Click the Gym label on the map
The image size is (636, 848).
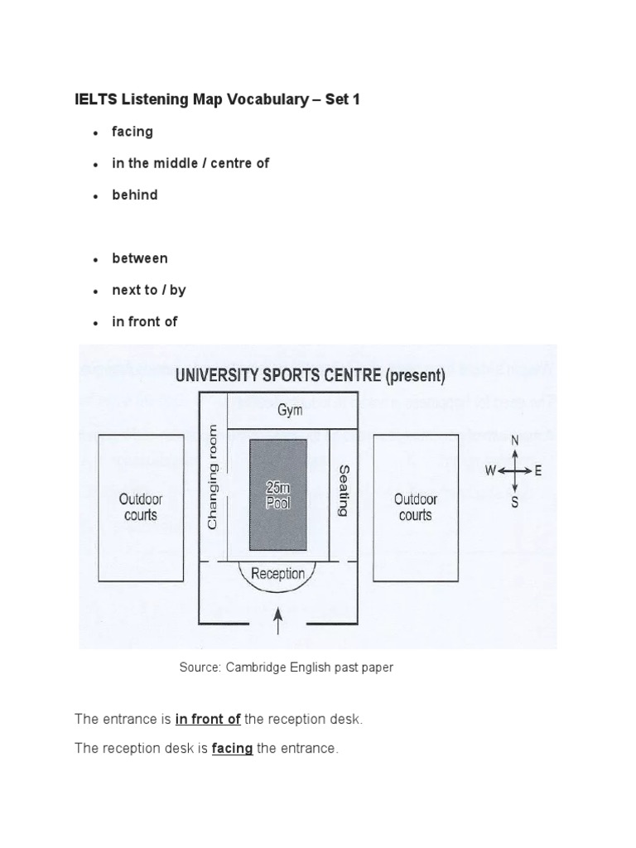[x=291, y=411]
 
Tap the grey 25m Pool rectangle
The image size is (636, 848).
[x=278, y=494]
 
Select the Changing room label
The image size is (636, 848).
[x=213, y=478]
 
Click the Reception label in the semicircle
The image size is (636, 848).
[x=277, y=573]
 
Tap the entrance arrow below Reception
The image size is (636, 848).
[x=277, y=619]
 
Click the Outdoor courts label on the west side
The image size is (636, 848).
[x=141, y=507]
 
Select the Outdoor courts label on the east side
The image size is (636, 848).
[x=415, y=507]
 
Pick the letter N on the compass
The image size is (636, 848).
[x=515, y=441]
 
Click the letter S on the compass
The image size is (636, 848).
[x=515, y=502]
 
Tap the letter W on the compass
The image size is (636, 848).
[x=491, y=471]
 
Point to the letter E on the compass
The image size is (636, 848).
[x=538, y=471]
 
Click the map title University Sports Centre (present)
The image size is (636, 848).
[x=311, y=375]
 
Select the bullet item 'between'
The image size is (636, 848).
[x=140, y=258]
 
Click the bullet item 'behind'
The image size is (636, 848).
[x=135, y=195]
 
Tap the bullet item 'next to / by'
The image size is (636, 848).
[x=149, y=290]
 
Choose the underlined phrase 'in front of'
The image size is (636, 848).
[x=208, y=720]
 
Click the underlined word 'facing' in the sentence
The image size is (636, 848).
[x=233, y=749]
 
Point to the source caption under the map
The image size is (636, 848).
[x=287, y=667]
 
